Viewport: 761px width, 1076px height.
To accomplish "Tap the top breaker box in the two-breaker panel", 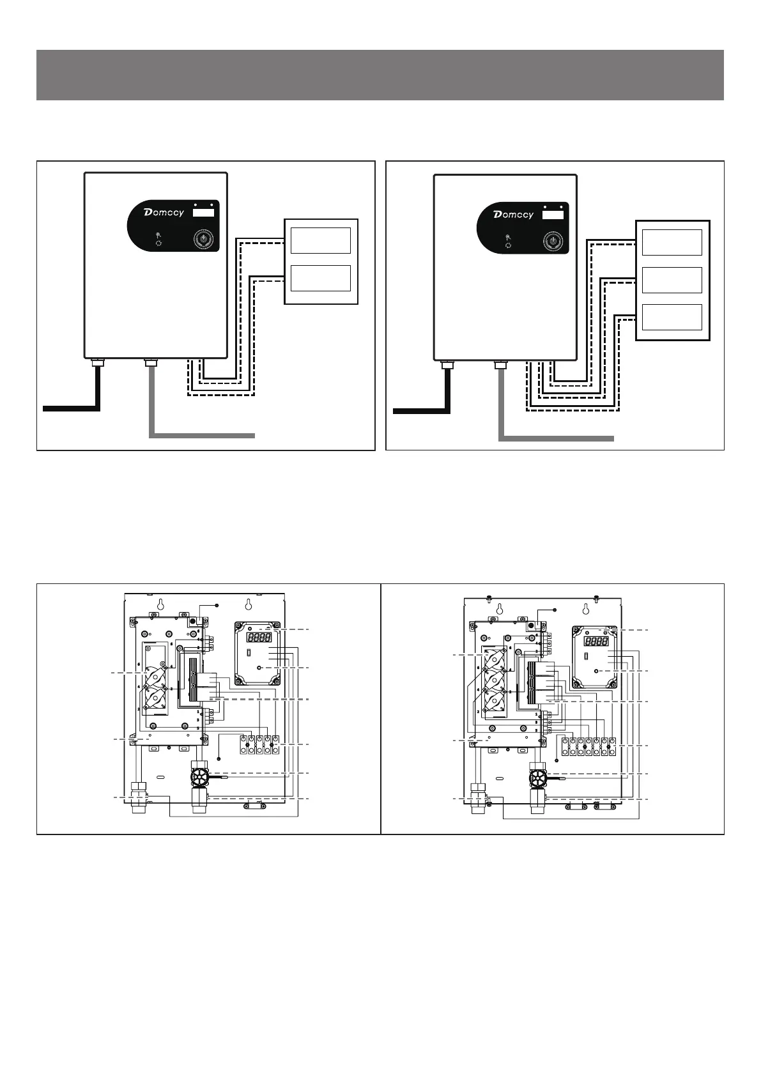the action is pyautogui.click(x=320, y=240).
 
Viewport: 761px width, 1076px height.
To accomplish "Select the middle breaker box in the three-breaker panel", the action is pyautogui.click(x=672, y=280).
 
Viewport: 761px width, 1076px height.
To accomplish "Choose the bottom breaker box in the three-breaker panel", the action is pyautogui.click(x=672, y=317).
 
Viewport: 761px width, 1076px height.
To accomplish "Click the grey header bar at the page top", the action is pyautogui.click(x=380, y=75).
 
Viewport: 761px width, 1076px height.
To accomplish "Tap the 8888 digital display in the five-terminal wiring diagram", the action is pyautogui.click(x=258, y=637).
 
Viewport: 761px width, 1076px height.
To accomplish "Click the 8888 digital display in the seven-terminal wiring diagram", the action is pyautogui.click(x=596, y=641).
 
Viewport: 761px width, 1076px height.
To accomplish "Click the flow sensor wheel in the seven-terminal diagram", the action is pyautogui.click(x=538, y=777).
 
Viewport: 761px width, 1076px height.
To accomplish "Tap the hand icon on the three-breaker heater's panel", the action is pyautogui.click(x=508, y=237).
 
